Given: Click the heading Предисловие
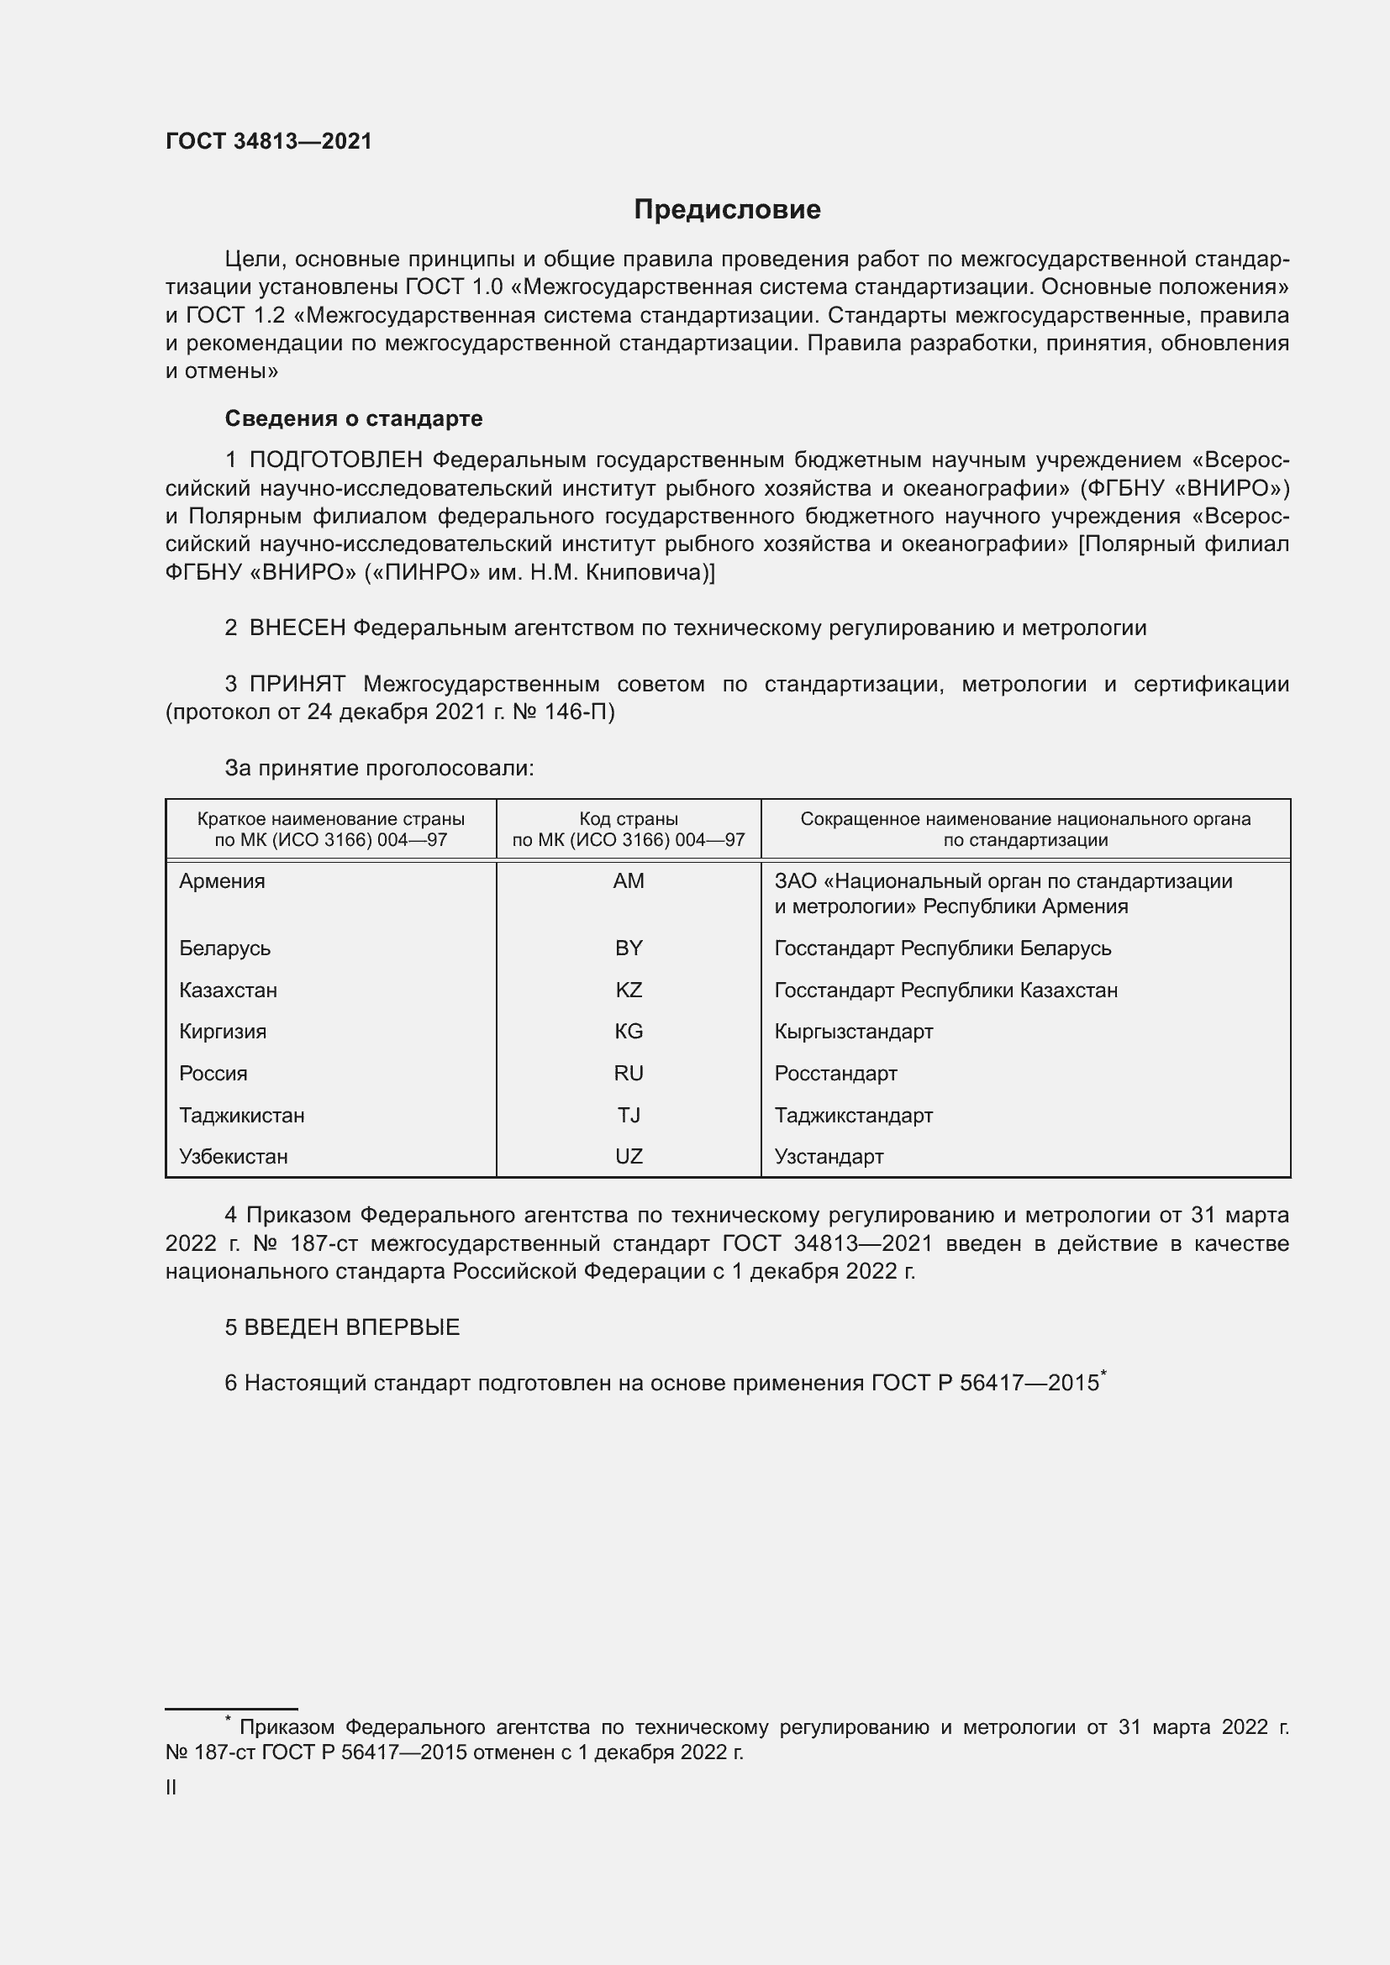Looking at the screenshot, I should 727,210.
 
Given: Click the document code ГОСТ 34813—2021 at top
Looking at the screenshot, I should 269,141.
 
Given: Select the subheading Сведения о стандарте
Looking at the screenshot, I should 354,418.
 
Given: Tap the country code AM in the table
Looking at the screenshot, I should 629,880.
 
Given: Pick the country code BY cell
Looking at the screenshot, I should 629,948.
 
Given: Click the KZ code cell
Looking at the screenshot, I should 629,990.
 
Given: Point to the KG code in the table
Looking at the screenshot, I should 629,1032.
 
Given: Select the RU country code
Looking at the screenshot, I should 629,1073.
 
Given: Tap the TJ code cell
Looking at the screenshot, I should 629,1115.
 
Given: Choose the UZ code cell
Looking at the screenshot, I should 629,1156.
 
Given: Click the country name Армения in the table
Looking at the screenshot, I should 222,880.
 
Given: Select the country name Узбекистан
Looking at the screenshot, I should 233,1156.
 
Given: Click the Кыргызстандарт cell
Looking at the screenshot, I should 853,1032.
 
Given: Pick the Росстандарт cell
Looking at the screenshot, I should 835,1073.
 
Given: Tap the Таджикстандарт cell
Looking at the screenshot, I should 853,1115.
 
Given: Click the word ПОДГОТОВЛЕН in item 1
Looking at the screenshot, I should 335,460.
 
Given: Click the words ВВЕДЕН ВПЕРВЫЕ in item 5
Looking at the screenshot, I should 352,1327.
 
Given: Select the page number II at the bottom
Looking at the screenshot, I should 171,1788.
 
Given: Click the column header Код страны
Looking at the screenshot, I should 629,819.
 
